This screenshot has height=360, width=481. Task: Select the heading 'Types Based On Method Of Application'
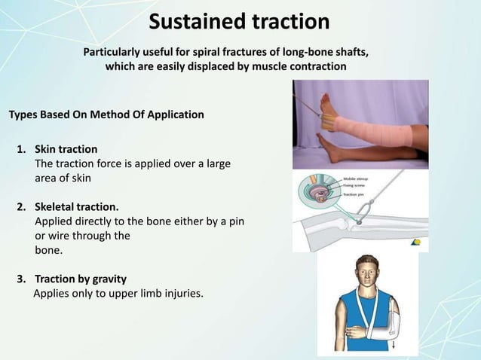[x=106, y=115]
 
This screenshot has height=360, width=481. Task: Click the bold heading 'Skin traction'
[x=66, y=148]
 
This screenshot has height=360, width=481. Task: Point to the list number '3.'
[x=23, y=279]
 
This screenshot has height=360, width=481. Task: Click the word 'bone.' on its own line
[x=49, y=249]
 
